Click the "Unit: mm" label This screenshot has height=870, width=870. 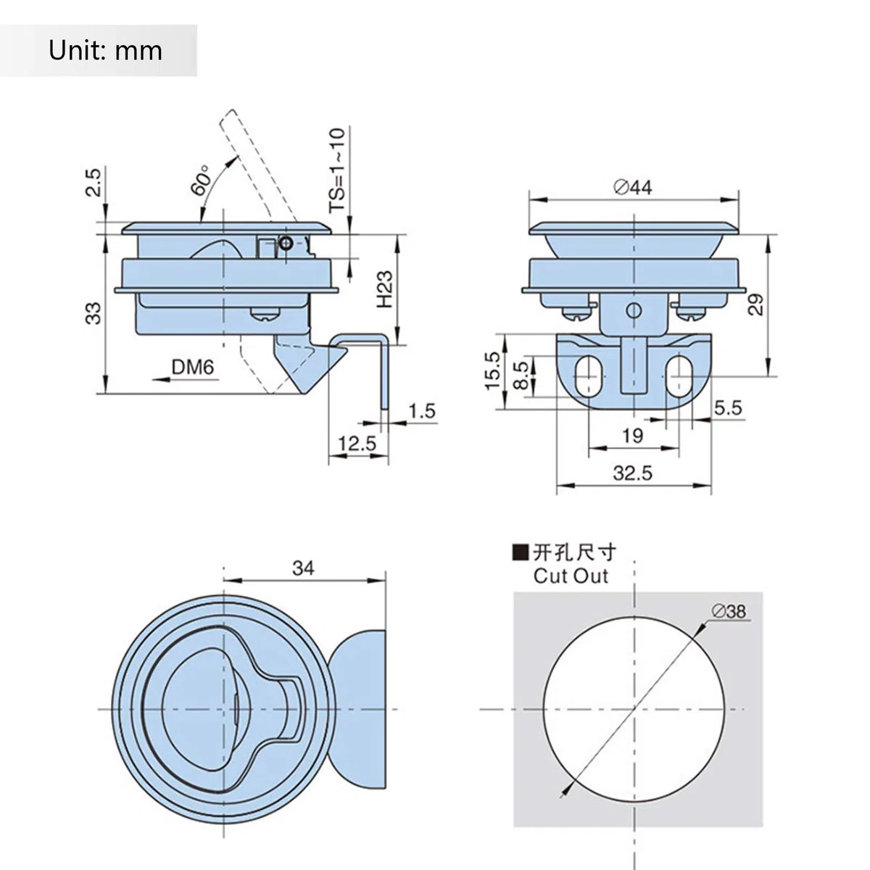105,51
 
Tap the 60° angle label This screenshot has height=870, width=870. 201,180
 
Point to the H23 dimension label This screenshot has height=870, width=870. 385,289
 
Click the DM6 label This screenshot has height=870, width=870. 192,367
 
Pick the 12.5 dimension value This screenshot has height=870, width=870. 357,444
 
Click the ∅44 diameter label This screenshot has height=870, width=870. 633,187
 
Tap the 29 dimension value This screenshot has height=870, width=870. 755,304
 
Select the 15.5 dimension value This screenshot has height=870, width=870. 493,371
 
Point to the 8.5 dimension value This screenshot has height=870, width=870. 521,375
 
